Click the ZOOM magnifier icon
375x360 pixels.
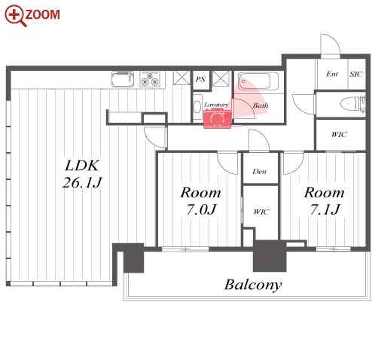15,16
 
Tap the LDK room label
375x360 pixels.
82,166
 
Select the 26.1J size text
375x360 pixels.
82,182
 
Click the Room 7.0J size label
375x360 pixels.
201,209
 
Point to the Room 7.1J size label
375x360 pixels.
325,209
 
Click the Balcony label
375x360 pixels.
253,285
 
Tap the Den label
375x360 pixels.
260,172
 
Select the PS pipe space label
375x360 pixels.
200,79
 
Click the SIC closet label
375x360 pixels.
356,74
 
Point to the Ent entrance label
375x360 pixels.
332,74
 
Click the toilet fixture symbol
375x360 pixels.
351,103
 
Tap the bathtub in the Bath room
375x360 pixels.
258,81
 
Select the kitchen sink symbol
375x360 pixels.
123,79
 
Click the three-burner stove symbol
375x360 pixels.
150,79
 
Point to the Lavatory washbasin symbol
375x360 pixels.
197,107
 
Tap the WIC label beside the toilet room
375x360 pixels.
340,135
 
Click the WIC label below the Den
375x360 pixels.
261,212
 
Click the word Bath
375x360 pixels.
261,105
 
